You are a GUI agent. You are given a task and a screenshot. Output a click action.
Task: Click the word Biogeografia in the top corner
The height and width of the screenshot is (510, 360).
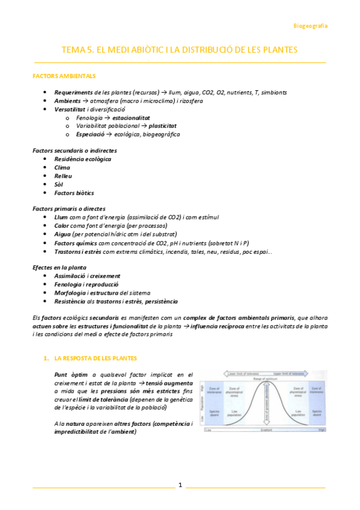point(310,26)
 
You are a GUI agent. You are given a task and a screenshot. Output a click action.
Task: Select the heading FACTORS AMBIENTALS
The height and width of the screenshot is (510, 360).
point(63,76)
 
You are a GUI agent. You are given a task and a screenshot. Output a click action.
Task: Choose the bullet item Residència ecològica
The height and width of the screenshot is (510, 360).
point(82,159)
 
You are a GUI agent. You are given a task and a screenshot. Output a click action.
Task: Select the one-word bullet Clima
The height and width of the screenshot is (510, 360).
point(62,167)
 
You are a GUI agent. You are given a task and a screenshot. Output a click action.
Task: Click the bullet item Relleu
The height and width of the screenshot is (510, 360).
point(63,176)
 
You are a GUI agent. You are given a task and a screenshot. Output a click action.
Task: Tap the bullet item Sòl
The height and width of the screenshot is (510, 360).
point(58,184)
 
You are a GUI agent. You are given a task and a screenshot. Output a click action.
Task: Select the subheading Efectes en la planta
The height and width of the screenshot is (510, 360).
point(59,267)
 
